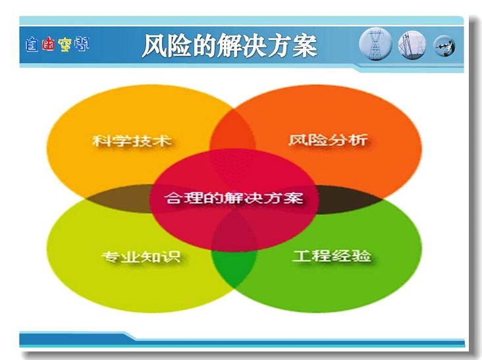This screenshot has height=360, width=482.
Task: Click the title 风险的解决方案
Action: click(x=229, y=46)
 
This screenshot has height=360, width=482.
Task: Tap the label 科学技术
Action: click(x=132, y=141)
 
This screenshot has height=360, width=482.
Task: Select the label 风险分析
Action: click(x=328, y=140)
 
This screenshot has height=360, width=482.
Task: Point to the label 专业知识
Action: click(x=141, y=257)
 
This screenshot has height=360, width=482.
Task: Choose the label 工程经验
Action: click(x=332, y=255)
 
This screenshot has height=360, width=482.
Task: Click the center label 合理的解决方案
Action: click(x=234, y=198)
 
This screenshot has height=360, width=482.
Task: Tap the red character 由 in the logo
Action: click(x=48, y=45)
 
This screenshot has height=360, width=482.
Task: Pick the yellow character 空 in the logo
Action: click(x=65, y=45)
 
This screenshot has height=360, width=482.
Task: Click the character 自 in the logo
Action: click(x=32, y=45)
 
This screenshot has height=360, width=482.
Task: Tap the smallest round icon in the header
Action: click(x=444, y=46)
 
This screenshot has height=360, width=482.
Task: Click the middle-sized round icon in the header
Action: click(x=412, y=45)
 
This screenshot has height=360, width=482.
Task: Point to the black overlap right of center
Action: click(x=348, y=199)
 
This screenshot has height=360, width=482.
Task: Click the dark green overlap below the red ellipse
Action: click(x=234, y=268)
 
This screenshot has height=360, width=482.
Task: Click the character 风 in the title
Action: click(x=154, y=46)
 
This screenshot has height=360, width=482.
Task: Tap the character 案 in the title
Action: click(x=305, y=46)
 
